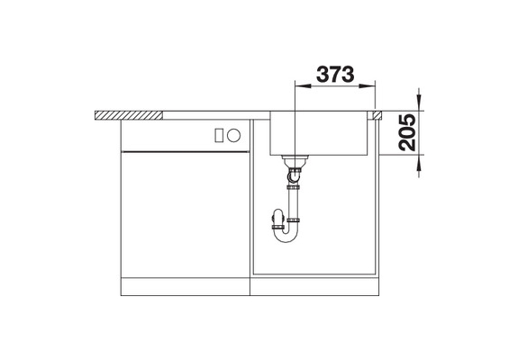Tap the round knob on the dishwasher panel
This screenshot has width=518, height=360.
pos(234,135)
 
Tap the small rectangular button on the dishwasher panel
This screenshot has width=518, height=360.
pos(218,135)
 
